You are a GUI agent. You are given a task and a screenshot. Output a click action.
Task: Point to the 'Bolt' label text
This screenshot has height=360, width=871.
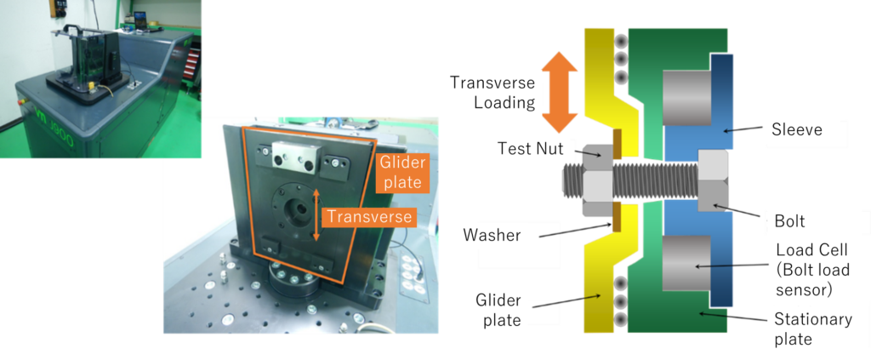pyautogui.click(x=790, y=220)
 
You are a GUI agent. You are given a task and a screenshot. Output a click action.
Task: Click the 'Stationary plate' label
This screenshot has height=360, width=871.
pyautogui.click(x=812, y=329)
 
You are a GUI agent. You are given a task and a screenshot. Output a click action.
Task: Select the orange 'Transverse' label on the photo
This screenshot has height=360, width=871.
pyautogui.click(x=369, y=217)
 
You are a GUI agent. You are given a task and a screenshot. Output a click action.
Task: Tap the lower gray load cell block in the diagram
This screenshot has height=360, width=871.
pyautogui.click(x=686, y=266)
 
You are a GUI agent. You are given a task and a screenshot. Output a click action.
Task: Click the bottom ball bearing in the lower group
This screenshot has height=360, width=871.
pyautogui.click(x=623, y=320)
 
